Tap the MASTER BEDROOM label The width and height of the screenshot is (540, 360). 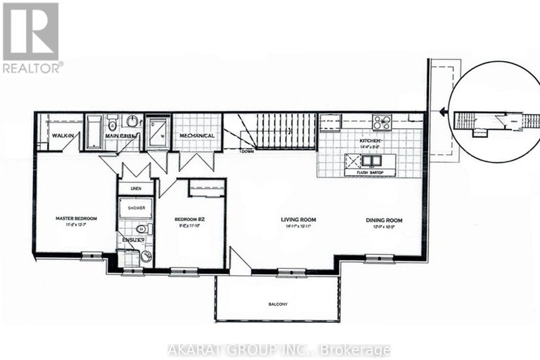pos(76,218)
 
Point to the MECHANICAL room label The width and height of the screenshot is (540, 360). pos(197,135)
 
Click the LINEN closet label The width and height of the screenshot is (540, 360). pos(135,189)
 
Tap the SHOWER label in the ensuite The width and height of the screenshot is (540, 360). pos(135,209)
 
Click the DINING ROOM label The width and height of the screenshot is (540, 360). pos(384,220)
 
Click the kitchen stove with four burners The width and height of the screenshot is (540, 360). pos(382,123)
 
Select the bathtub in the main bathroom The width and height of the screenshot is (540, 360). pos(94,132)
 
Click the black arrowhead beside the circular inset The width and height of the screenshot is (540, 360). pos(441,111)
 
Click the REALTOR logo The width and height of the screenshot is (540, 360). pos(32,37)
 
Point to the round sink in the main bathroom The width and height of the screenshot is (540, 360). pos(133,120)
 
